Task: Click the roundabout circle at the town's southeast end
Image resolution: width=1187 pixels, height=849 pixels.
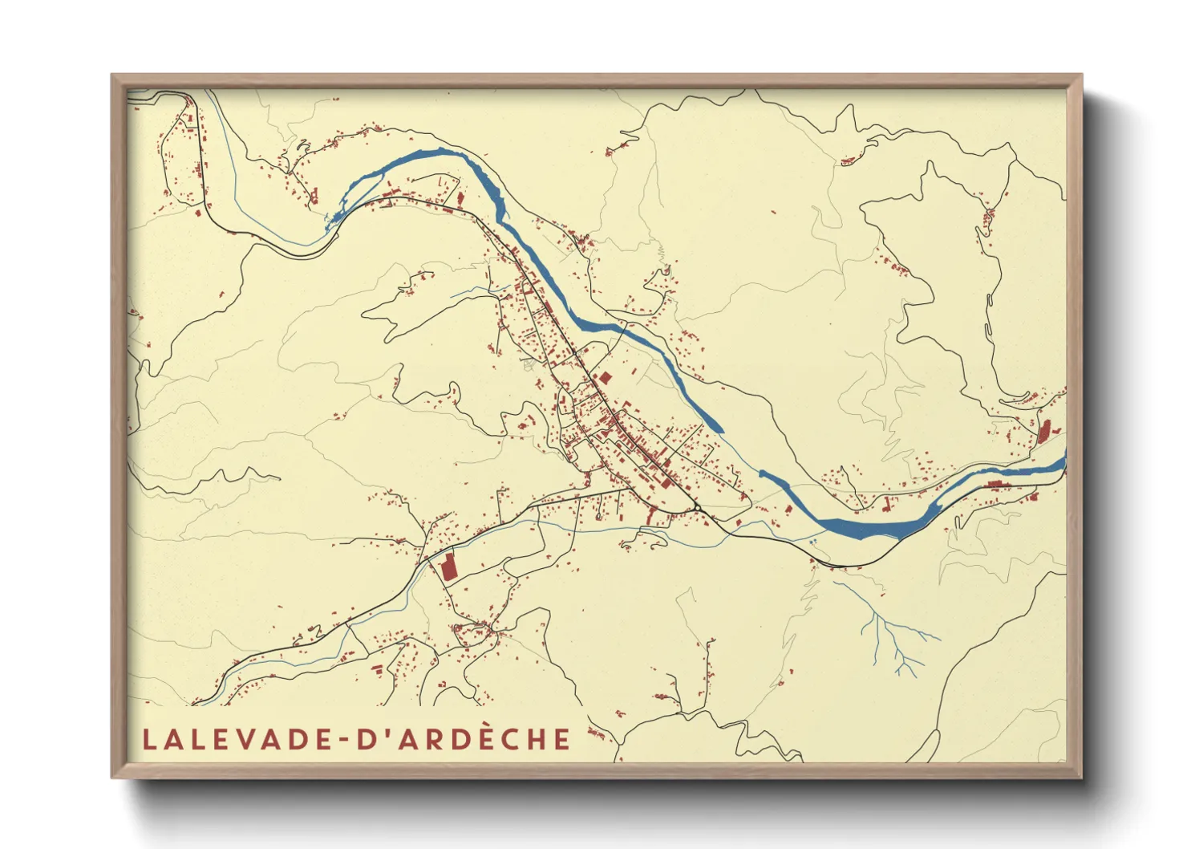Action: tap(698, 509)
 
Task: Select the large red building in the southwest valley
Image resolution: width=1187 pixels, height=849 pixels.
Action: tap(448, 567)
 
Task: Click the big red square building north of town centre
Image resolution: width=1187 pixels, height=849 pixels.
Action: tap(606, 376)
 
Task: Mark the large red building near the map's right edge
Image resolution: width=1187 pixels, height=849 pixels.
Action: tap(1044, 432)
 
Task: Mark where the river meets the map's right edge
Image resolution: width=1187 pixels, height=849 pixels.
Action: tap(1064, 462)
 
